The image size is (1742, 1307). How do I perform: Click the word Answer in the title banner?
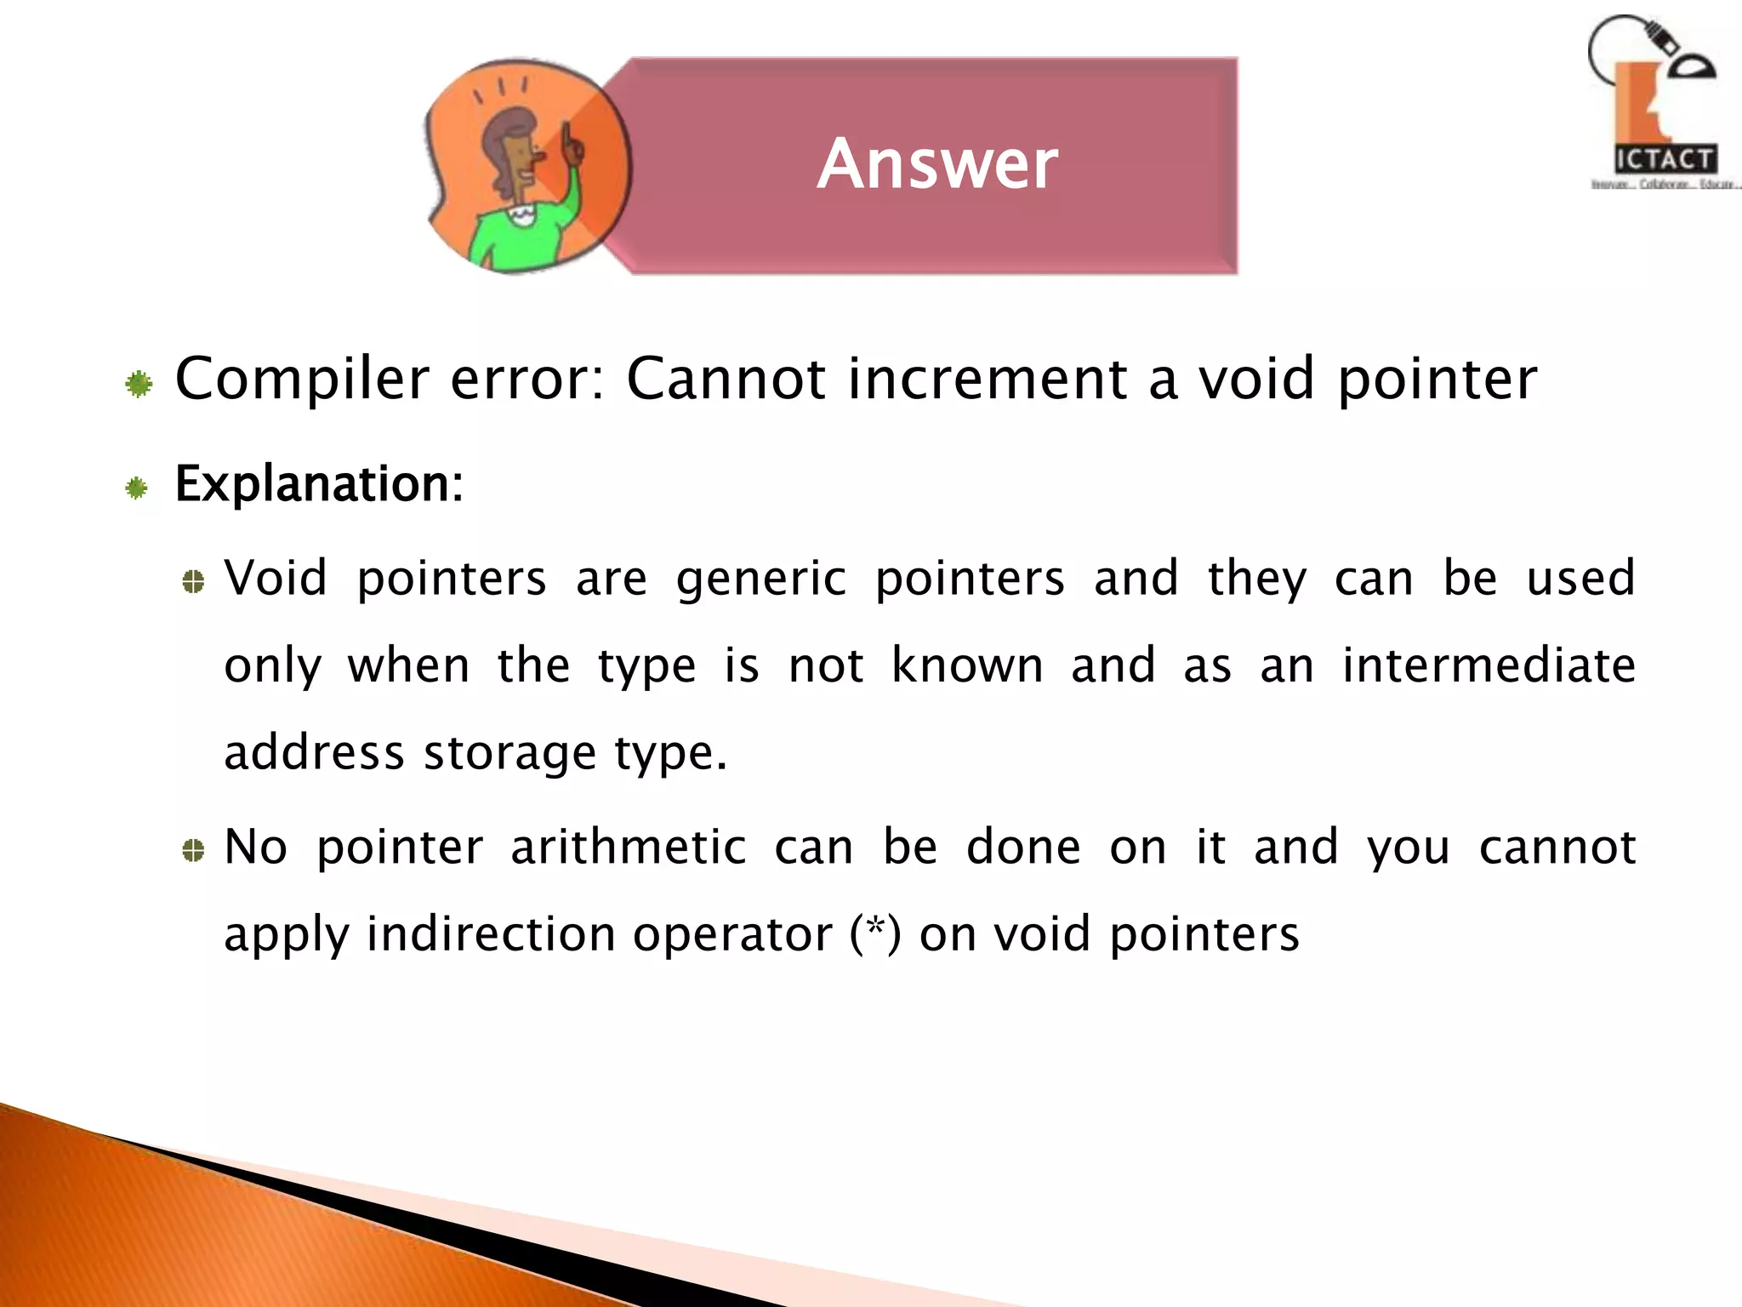coord(937,163)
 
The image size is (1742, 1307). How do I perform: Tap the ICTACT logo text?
coord(1665,159)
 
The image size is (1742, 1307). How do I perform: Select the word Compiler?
coord(302,379)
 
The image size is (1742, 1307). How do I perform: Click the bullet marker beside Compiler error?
coord(139,385)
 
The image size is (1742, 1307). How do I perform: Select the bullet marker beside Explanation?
coord(137,488)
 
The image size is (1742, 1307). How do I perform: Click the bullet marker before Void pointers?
coord(194,582)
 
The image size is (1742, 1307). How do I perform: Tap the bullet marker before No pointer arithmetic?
coord(194,850)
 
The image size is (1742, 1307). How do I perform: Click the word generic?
coord(761,579)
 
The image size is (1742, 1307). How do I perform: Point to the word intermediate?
coord(1489,665)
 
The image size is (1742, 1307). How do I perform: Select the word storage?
coord(510,753)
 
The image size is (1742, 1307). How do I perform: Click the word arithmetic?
coord(628,848)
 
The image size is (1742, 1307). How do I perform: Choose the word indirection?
coord(491,934)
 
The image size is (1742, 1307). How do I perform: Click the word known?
coord(967,665)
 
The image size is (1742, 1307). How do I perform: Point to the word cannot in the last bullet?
coord(1557,848)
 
